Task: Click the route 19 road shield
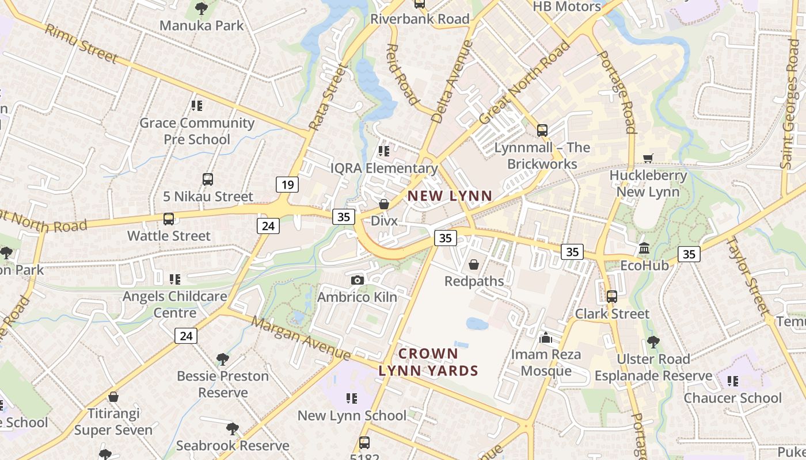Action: (x=287, y=185)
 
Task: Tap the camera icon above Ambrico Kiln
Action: (x=357, y=280)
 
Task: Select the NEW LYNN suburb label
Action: (x=450, y=196)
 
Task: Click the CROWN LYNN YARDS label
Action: (x=428, y=362)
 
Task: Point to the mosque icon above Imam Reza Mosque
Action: (x=546, y=338)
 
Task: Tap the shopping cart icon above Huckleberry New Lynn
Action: (x=648, y=158)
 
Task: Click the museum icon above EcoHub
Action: (x=644, y=249)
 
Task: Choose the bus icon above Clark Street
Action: (x=611, y=297)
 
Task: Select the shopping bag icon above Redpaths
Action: (x=474, y=264)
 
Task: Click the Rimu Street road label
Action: (x=81, y=44)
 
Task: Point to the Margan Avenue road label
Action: (x=301, y=336)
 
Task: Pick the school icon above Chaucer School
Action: (x=732, y=381)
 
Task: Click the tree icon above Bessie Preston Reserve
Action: (x=222, y=359)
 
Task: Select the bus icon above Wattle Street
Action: (x=168, y=219)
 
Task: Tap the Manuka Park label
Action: (x=201, y=25)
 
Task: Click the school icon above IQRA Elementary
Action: (x=383, y=151)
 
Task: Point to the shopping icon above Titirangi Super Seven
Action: (x=113, y=397)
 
